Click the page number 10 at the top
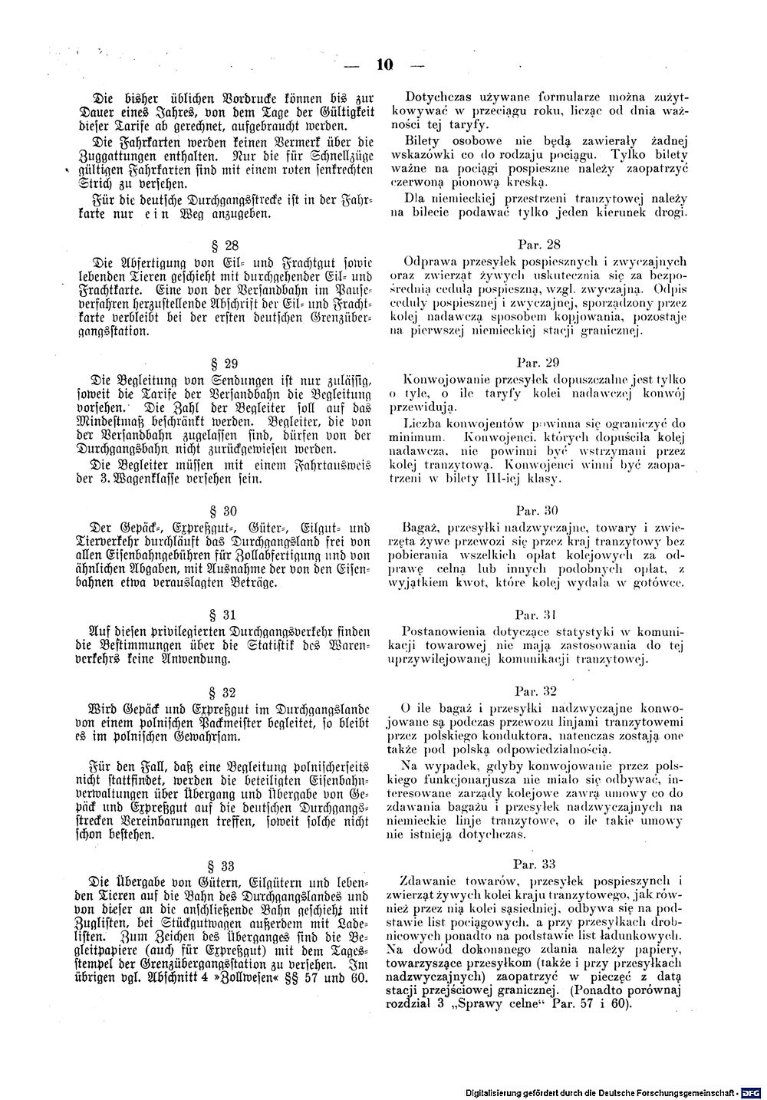coord(384,66)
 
